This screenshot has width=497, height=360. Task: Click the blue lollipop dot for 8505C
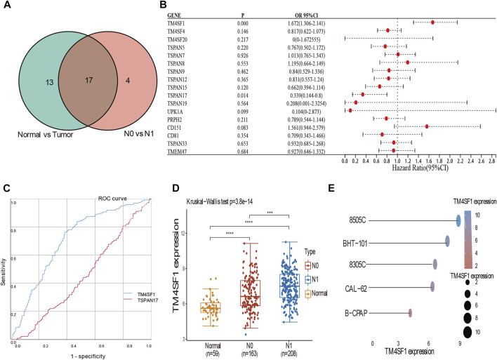click(x=458, y=221)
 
